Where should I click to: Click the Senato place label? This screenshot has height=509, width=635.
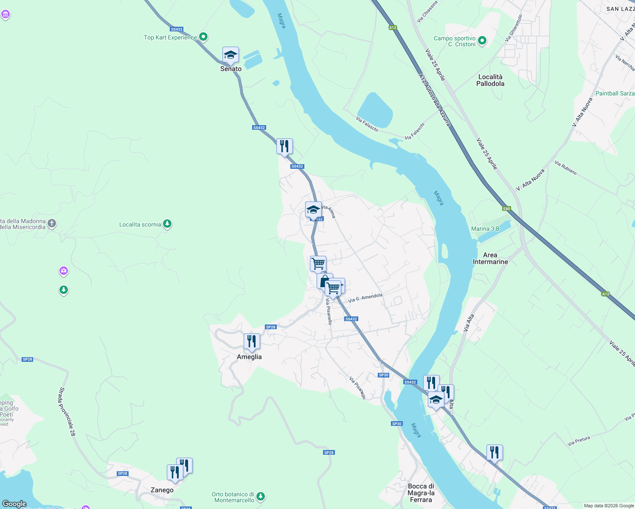pos(230,69)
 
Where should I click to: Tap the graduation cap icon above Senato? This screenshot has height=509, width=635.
pos(230,55)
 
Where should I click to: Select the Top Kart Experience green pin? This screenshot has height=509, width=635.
pos(203,37)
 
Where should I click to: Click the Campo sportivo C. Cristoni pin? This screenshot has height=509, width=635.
pos(482,41)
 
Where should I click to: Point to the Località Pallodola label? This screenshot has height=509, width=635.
pos(490,80)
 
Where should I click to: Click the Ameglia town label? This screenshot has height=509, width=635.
pos(249,357)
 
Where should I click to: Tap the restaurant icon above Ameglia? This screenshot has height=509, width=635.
pos(252,341)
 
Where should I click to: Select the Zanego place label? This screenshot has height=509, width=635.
pos(162,490)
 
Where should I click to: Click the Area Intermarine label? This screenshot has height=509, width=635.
pos(490,258)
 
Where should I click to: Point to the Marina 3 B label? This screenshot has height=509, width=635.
pos(485,229)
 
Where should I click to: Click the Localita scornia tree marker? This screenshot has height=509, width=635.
pos(167,224)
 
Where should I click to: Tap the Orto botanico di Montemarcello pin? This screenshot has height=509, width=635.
pos(261,496)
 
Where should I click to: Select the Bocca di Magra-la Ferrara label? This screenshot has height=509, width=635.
pos(421,493)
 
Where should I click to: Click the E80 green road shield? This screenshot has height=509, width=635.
pos(506,208)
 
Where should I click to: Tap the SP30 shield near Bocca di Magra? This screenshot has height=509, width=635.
pos(396,424)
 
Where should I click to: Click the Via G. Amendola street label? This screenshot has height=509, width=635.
pos(365,298)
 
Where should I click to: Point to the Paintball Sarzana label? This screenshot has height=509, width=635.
pos(615,93)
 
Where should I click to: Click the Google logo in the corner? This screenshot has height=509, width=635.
pos(14,504)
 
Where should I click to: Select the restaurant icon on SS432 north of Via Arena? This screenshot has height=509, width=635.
pos(284,146)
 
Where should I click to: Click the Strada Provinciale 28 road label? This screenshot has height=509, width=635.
pos(67,411)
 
